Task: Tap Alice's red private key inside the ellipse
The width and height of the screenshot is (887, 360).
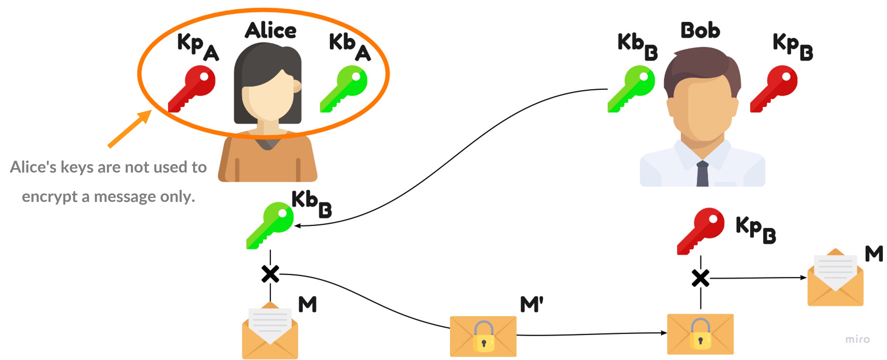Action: (192, 89)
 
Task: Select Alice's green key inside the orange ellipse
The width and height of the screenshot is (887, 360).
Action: (344, 89)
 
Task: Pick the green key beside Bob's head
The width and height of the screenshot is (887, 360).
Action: (631, 89)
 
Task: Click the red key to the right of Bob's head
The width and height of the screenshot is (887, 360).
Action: (774, 89)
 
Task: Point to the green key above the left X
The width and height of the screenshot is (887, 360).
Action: (270, 225)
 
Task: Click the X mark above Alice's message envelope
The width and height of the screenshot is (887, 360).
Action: (270, 274)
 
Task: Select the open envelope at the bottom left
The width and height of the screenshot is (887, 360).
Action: (270, 331)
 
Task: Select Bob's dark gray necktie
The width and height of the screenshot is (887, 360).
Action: (702, 174)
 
